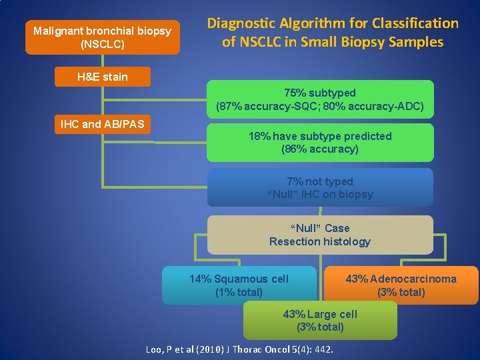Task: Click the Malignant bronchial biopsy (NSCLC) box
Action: point(103,37)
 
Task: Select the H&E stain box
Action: point(102,77)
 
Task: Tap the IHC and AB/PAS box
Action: point(102,124)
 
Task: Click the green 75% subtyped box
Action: point(320,99)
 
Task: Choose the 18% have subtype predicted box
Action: point(320,142)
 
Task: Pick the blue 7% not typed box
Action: point(320,187)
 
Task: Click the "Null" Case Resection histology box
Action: point(320,235)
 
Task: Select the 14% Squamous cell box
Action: point(239,285)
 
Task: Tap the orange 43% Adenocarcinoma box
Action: point(401,285)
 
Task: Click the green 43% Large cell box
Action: point(320,321)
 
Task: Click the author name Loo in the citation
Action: point(156,350)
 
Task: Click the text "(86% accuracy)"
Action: point(320,149)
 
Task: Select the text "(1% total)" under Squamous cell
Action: point(239,292)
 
